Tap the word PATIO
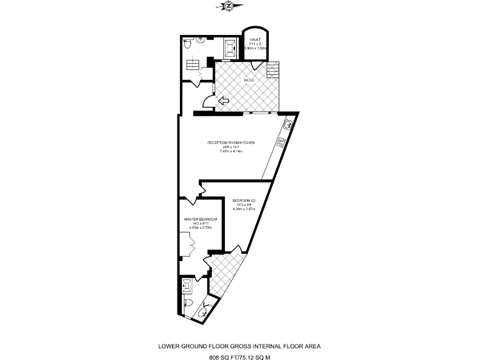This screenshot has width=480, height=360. [x=248, y=80]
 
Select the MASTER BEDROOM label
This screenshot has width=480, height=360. [x=201, y=219]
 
